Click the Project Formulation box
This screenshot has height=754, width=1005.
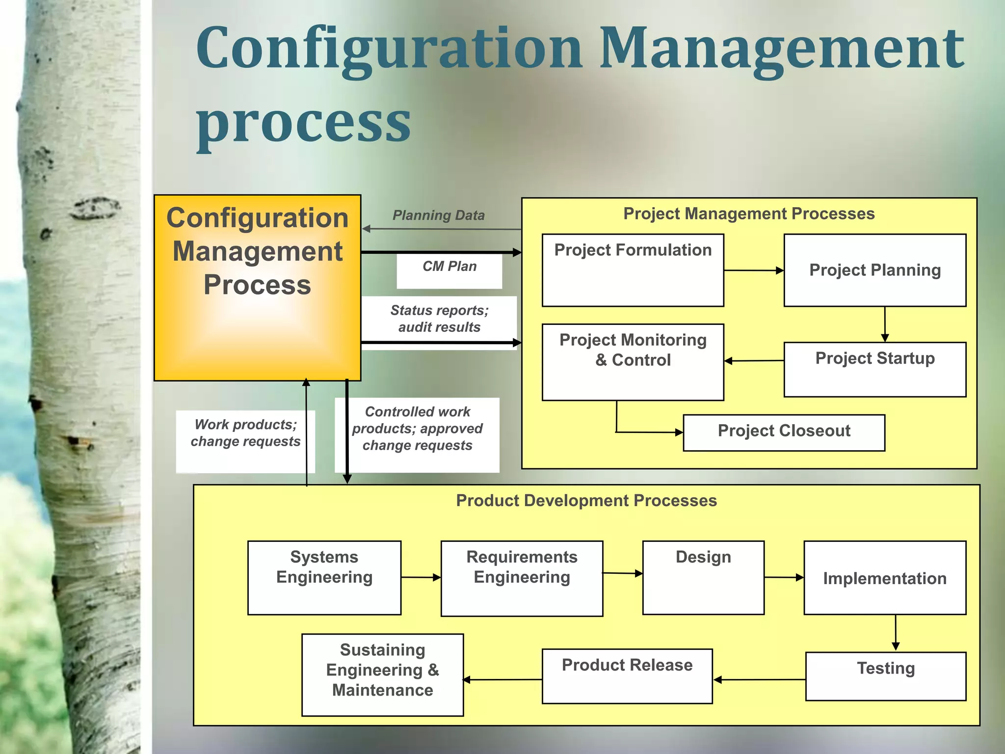click(633, 270)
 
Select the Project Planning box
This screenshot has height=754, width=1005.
click(874, 270)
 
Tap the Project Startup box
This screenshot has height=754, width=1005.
click(874, 369)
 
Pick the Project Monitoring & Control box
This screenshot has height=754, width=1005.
click(633, 362)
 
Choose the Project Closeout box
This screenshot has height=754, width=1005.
click(784, 432)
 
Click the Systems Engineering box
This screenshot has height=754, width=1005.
click(324, 577)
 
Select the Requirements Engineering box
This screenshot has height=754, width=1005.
click(522, 578)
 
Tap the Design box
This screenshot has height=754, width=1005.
click(703, 577)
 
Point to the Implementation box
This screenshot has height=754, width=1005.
click(884, 578)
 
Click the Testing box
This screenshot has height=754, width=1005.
click(885, 676)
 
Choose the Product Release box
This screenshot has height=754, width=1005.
click(627, 676)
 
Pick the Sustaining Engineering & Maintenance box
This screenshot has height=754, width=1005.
click(382, 674)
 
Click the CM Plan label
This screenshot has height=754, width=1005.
click(450, 267)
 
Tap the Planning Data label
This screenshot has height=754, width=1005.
click(438, 215)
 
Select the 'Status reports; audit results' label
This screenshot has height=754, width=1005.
click(439, 319)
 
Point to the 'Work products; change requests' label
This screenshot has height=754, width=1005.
click(245, 433)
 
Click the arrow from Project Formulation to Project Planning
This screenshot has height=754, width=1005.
click(753, 270)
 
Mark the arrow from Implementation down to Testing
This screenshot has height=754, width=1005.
click(896, 633)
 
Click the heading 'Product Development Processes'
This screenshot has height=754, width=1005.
click(586, 501)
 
